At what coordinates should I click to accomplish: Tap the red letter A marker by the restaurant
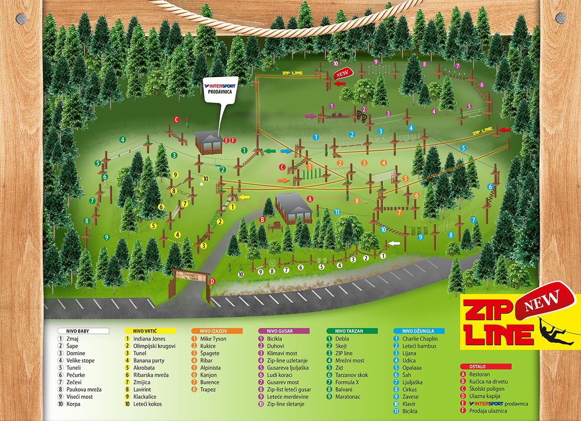(310, 199)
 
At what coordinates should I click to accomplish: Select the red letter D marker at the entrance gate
(212, 281)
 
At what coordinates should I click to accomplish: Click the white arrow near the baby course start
(394, 244)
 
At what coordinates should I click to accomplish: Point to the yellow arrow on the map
(245, 197)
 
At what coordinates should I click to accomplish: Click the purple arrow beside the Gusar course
(310, 116)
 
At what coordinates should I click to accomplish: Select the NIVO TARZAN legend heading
(351, 331)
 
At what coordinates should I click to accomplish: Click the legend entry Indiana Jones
(149, 339)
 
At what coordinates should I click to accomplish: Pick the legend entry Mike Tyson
(213, 339)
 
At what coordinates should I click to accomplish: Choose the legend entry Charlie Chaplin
(420, 339)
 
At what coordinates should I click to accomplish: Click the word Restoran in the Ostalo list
(480, 375)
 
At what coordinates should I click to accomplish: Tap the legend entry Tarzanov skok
(351, 375)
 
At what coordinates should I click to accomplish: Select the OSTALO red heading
(485, 367)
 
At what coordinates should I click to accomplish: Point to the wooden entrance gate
(189, 284)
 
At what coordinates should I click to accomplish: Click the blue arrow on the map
(286, 151)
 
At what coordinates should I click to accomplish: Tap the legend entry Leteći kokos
(148, 404)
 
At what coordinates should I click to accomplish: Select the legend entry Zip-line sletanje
(286, 404)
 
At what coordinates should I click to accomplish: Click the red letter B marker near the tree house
(262, 220)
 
